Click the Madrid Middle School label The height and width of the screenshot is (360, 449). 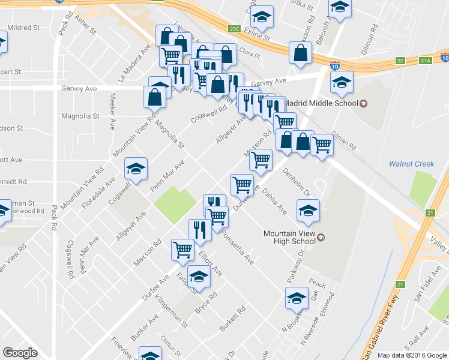coord(321,103)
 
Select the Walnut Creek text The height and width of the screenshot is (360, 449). coord(411,163)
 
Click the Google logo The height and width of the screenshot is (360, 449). coord(20,353)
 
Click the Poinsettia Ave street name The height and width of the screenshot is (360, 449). coord(239,246)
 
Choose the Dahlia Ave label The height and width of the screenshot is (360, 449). coord(274,201)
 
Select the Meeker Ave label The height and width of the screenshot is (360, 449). coord(112,111)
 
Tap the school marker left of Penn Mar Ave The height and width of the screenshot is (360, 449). coord(136,169)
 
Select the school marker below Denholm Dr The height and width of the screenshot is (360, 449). coord(309,211)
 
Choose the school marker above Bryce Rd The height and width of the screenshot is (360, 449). coord(199,277)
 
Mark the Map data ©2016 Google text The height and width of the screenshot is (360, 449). coord(412,355)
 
